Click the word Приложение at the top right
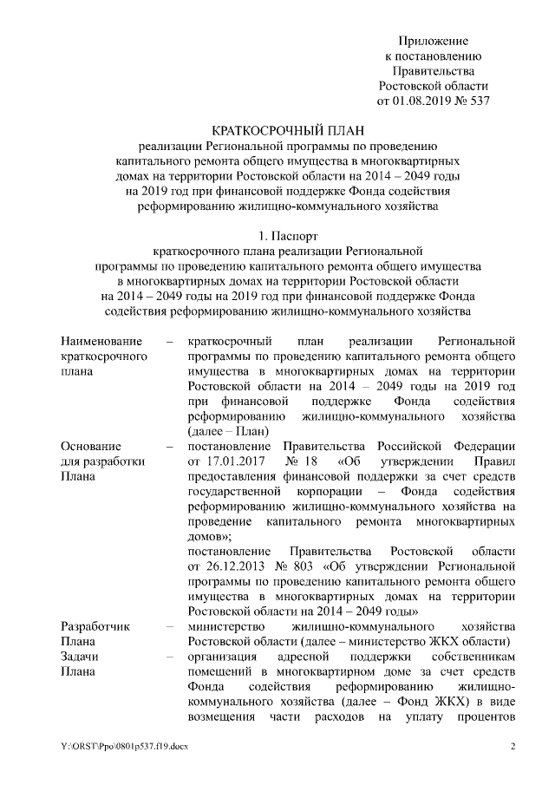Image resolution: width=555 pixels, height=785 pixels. click(433, 41)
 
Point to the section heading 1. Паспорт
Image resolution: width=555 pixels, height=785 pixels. click(289, 235)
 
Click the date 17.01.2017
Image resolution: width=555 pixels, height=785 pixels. click(228, 461)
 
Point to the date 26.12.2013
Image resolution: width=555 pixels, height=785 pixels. click(228, 566)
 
